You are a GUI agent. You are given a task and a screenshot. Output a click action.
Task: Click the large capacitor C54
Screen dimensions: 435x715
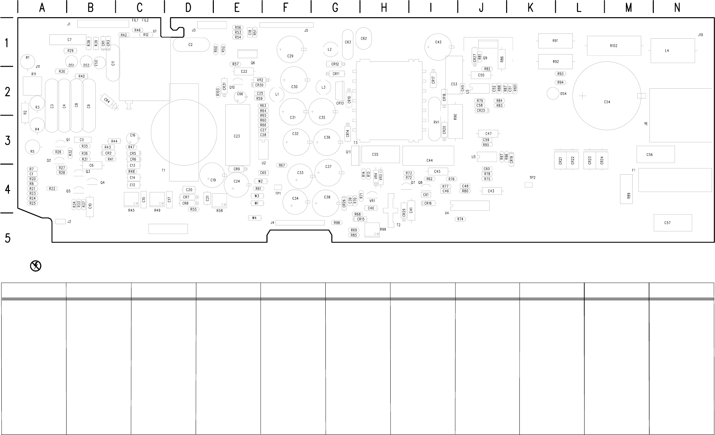(x=607, y=96)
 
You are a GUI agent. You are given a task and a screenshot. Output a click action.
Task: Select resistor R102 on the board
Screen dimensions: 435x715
(x=613, y=46)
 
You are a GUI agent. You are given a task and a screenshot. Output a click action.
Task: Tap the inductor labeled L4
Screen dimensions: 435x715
(x=672, y=51)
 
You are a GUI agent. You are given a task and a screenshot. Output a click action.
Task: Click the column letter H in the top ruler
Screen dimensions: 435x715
(x=384, y=8)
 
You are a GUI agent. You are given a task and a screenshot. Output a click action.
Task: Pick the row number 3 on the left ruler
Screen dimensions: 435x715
(x=8, y=140)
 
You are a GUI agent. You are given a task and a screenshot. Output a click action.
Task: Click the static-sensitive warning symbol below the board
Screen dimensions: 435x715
(x=35, y=266)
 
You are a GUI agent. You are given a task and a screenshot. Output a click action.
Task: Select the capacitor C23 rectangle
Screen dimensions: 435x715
(x=237, y=135)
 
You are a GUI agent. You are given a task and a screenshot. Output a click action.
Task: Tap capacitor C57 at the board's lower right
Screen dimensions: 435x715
(x=673, y=223)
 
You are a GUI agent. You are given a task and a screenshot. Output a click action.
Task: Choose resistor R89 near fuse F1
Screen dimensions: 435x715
(x=626, y=189)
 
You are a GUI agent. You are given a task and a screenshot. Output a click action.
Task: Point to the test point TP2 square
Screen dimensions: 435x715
(x=529, y=185)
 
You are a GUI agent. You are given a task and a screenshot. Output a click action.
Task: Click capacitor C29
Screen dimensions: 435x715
(x=290, y=50)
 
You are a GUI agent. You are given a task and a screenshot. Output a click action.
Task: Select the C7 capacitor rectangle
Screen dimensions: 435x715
(x=68, y=40)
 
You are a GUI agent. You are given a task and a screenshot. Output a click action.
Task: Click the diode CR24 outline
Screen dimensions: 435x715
(x=602, y=160)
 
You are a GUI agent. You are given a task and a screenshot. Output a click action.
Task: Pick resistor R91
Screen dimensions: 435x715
(x=555, y=41)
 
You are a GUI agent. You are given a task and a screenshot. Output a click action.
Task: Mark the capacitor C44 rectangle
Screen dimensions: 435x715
(x=428, y=156)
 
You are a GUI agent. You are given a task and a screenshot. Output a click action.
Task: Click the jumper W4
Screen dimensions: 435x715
(x=254, y=218)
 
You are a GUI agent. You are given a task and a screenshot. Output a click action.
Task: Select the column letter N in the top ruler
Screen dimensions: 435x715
(x=677, y=8)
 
